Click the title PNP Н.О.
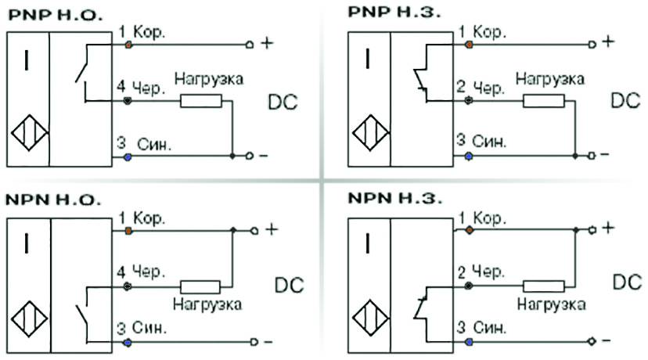[54, 15]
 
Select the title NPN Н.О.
[54, 200]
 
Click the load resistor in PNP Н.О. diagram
[201, 101]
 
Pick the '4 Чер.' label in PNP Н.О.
[142, 88]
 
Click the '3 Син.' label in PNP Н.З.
[480, 142]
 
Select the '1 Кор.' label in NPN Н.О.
[142, 217]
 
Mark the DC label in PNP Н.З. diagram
[625, 102]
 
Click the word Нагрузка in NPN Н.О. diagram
[208, 303]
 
